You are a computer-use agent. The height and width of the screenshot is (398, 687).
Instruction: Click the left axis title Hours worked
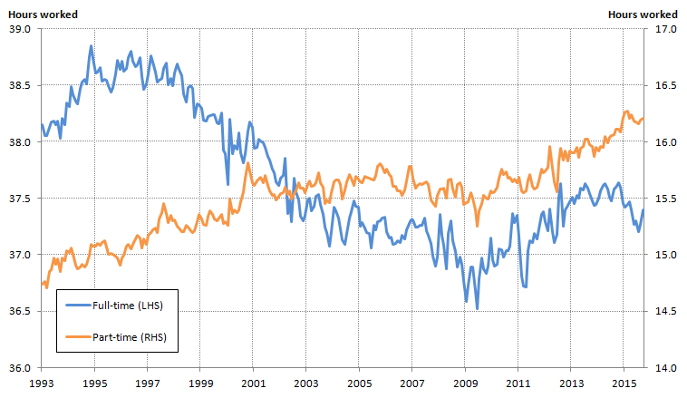42,14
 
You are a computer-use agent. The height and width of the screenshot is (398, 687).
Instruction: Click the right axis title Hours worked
643,14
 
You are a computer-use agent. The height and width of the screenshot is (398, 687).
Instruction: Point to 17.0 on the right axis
666,29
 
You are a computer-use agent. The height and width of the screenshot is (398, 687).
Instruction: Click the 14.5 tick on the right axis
666,311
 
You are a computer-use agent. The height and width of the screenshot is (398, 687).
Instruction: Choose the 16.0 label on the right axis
666,142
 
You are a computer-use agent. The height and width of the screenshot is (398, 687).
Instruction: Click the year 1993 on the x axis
42,383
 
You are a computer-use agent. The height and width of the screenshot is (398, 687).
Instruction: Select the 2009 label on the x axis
465,383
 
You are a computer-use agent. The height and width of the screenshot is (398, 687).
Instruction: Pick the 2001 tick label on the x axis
253,383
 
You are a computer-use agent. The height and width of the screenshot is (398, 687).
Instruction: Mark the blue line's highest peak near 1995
91,46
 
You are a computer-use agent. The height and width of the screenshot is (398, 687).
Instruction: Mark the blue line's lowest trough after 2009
477,308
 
